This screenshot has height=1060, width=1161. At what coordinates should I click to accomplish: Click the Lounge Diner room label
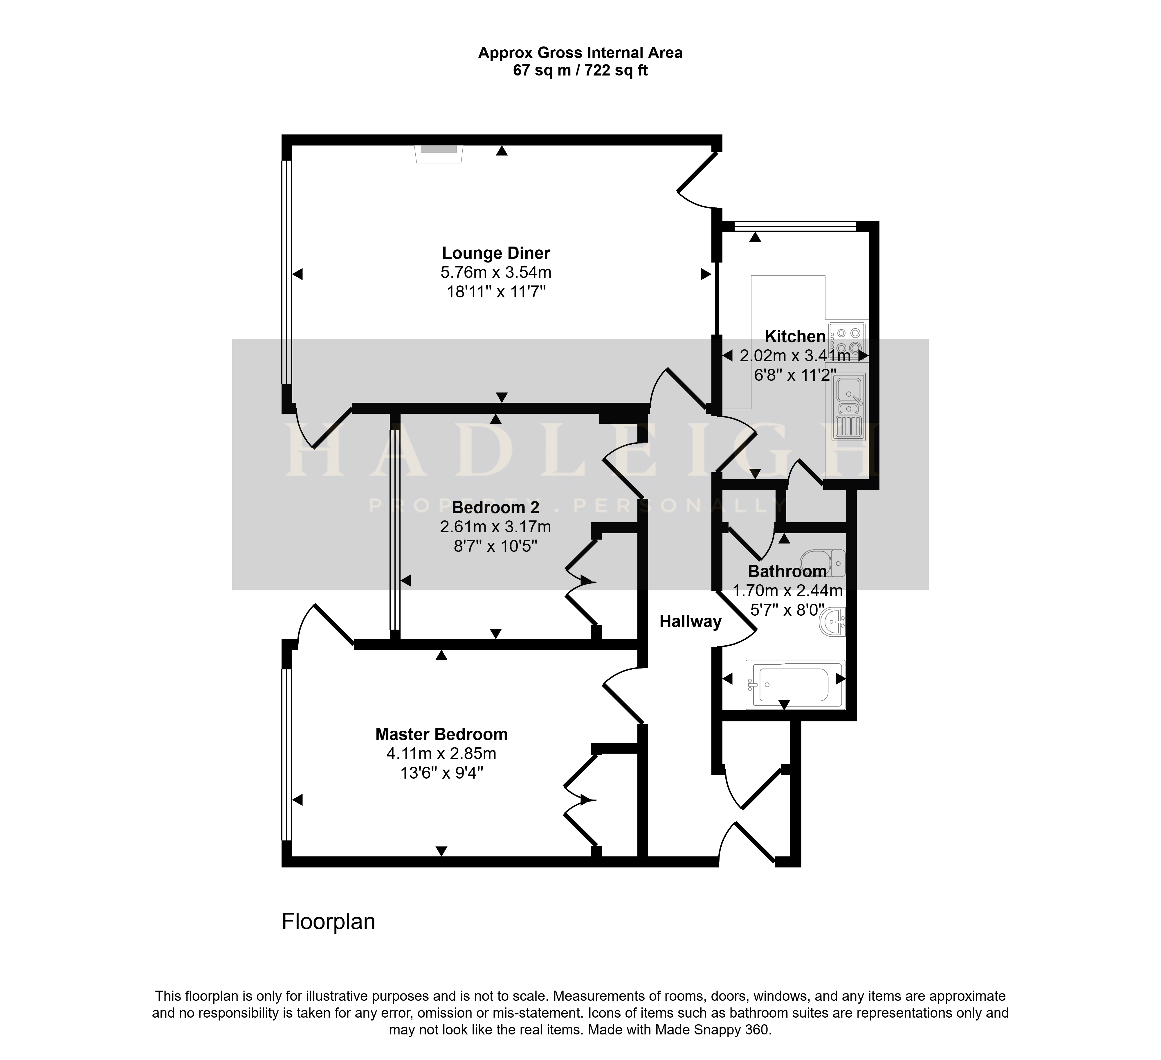click(x=496, y=253)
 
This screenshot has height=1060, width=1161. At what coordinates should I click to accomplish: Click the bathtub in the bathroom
click(x=795, y=684)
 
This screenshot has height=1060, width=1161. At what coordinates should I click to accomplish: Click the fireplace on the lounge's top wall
click(x=439, y=153)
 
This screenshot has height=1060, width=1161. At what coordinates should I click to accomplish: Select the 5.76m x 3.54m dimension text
click(x=496, y=272)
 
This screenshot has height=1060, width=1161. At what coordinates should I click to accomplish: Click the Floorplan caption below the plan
click(x=328, y=922)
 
